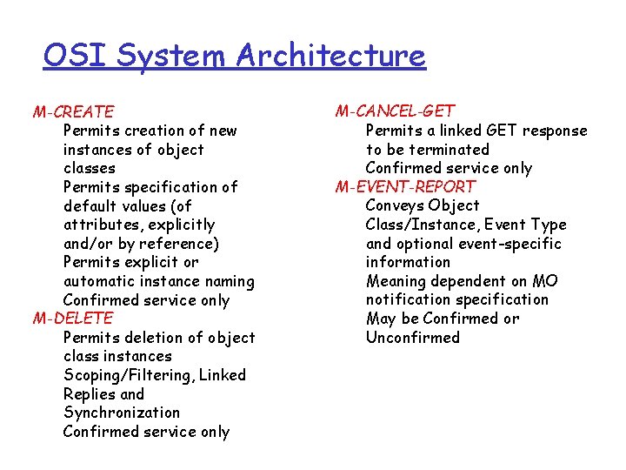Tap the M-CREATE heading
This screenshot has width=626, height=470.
[73, 111]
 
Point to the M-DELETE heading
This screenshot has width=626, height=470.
[73, 319]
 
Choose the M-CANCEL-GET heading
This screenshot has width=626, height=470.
[395, 111]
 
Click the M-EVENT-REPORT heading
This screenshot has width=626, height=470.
[405, 186]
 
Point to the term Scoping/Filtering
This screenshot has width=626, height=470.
[130, 375]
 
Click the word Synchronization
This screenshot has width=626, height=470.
[122, 413]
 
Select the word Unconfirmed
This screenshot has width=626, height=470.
[413, 338]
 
